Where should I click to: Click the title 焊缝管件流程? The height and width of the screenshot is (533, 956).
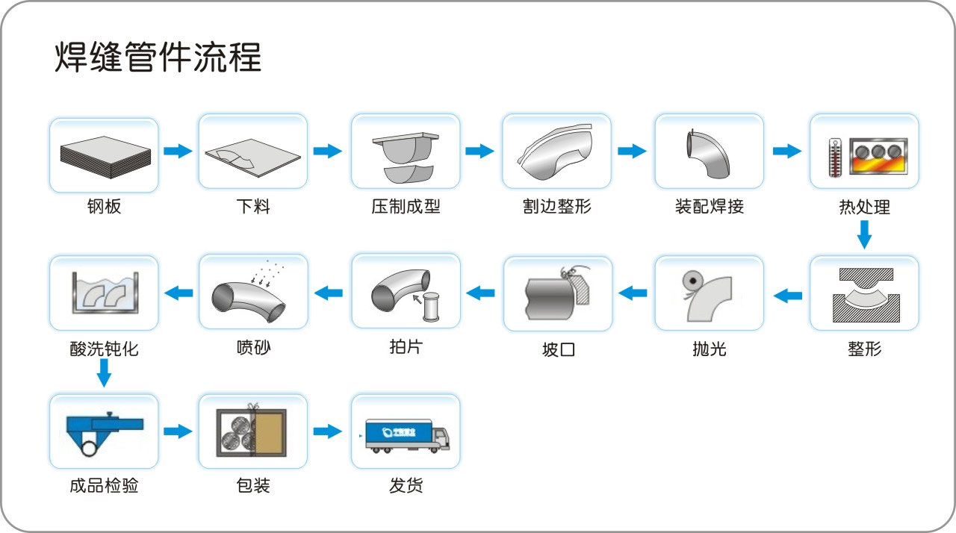pyautogui.click(x=158, y=57)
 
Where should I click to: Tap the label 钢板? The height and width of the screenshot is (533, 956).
pyautogui.click(x=104, y=207)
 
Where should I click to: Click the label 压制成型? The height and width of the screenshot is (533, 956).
pyautogui.click(x=406, y=207)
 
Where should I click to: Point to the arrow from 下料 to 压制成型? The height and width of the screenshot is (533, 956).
pyautogui.click(x=327, y=152)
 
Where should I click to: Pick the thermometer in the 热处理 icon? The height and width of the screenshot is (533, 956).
pyautogui.click(x=834, y=158)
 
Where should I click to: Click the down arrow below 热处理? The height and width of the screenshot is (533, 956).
pyautogui.click(x=864, y=235)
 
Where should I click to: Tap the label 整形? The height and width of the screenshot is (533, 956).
pyautogui.click(x=864, y=349)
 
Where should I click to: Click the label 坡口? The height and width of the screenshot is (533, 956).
pyautogui.click(x=558, y=349)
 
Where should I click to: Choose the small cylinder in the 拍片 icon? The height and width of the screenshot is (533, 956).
pyautogui.click(x=431, y=307)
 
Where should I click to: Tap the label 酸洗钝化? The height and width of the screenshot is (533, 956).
pyautogui.click(x=104, y=349)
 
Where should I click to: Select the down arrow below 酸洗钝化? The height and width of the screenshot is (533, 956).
pyautogui.click(x=105, y=373)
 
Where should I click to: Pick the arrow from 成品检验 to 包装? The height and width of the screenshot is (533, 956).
pyautogui.click(x=177, y=431)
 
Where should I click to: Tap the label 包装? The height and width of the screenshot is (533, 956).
pyautogui.click(x=252, y=486)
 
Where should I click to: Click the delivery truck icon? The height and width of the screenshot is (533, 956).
pyautogui.click(x=407, y=434)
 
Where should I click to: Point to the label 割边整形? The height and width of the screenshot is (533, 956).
pyautogui.click(x=557, y=207)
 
